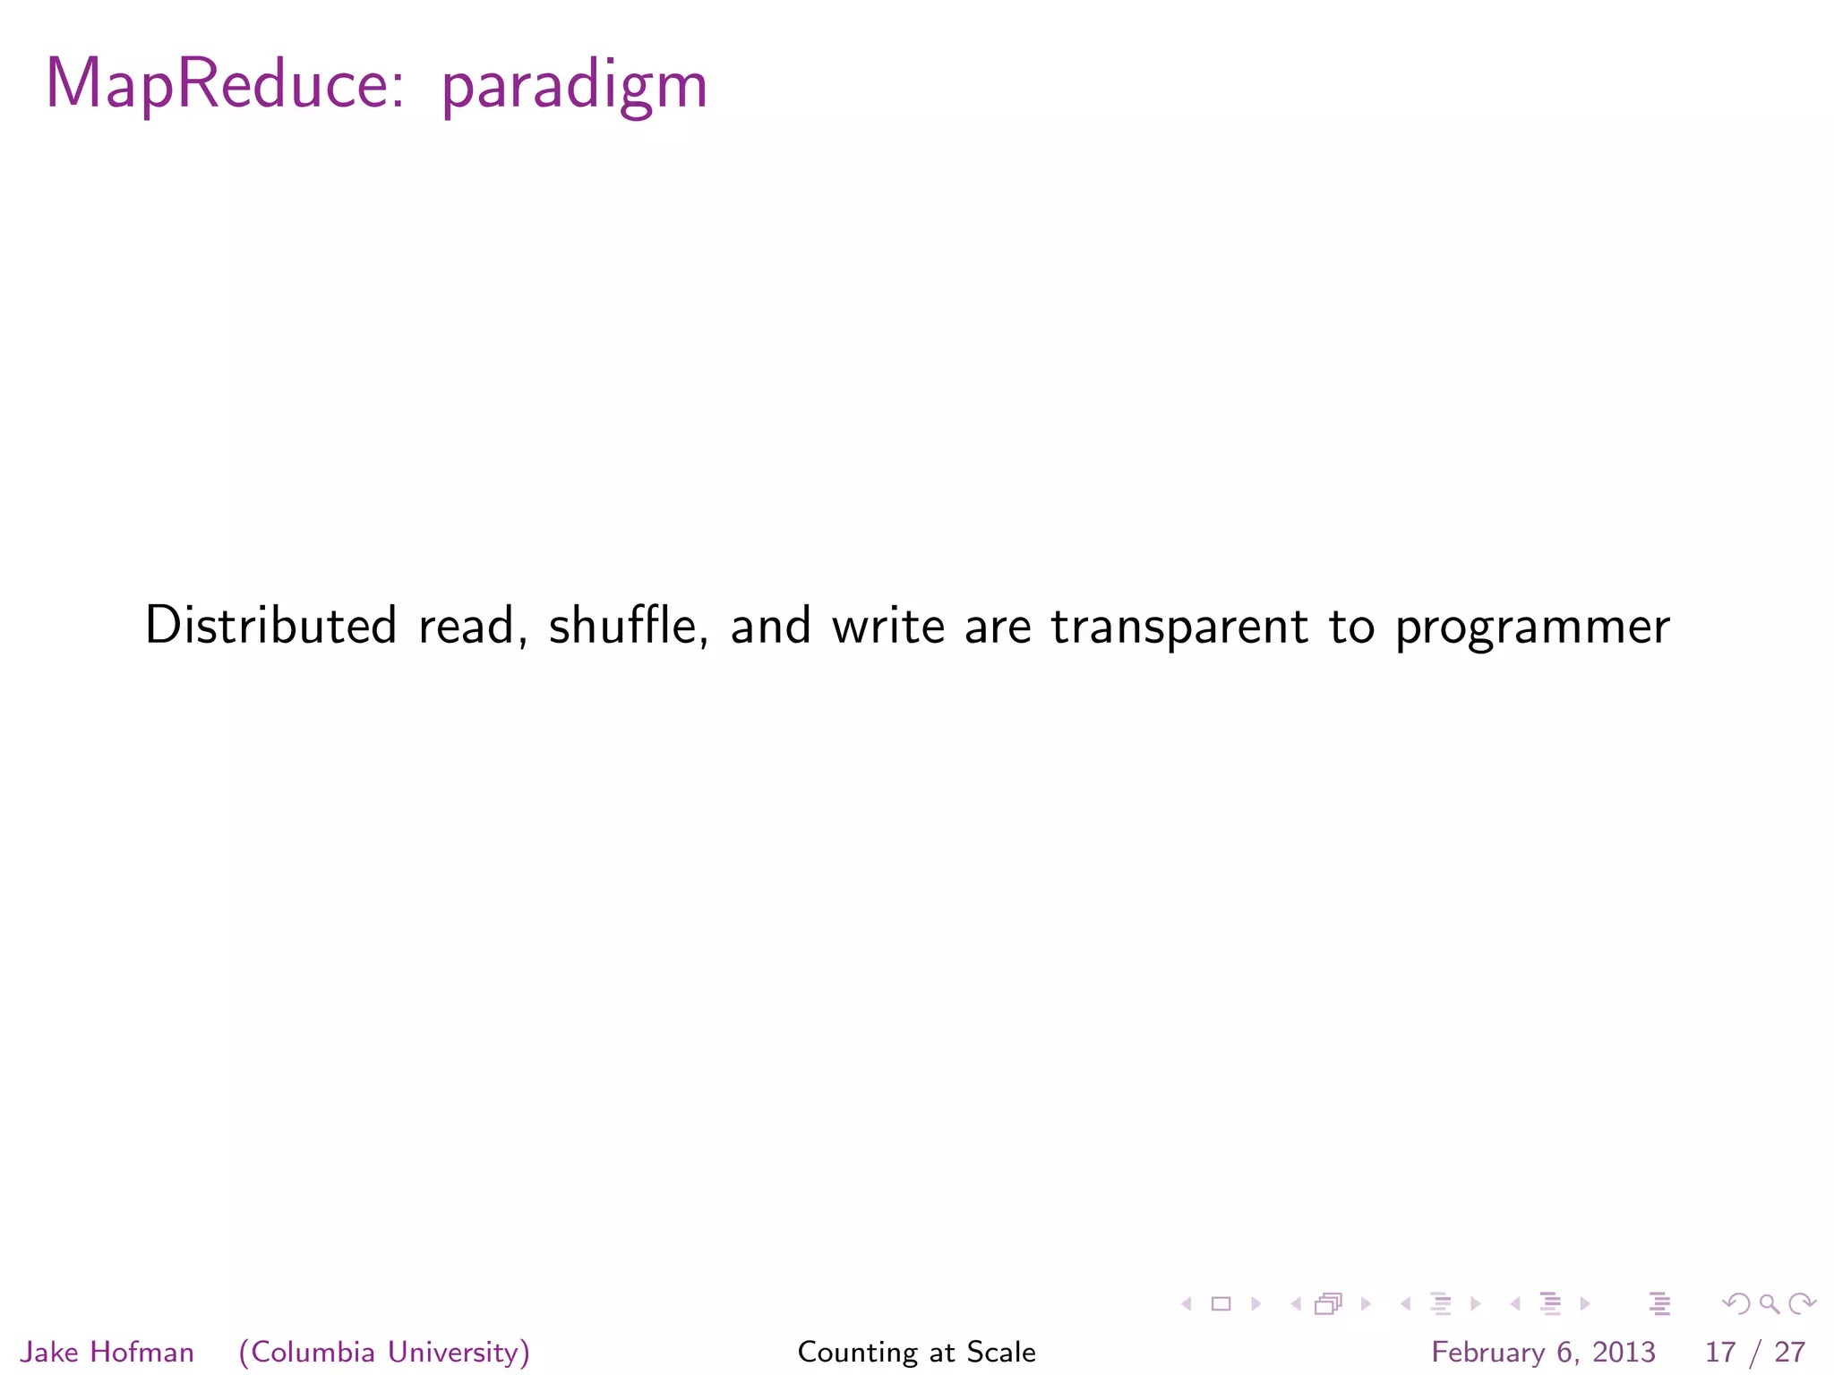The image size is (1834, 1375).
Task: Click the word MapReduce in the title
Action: pos(224,85)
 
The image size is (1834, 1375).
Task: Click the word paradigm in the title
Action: pos(574,88)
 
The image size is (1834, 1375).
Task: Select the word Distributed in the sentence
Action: pos(270,625)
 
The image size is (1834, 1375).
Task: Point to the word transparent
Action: pos(1179,627)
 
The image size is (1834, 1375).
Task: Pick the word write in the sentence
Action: pos(887,625)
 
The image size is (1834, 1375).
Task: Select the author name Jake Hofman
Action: pos(107,1352)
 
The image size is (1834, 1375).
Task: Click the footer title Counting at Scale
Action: pos(916,1352)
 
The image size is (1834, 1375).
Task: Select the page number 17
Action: pos(1720,1352)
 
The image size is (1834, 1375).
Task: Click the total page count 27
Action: pos(1789,1352)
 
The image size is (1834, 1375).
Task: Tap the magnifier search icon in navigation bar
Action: pos(1769,1304)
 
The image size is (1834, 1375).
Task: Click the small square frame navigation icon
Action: pos(1221,1304)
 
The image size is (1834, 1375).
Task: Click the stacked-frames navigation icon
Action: pos(1328,1304)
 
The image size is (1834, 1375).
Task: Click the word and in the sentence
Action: pos(770,625)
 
